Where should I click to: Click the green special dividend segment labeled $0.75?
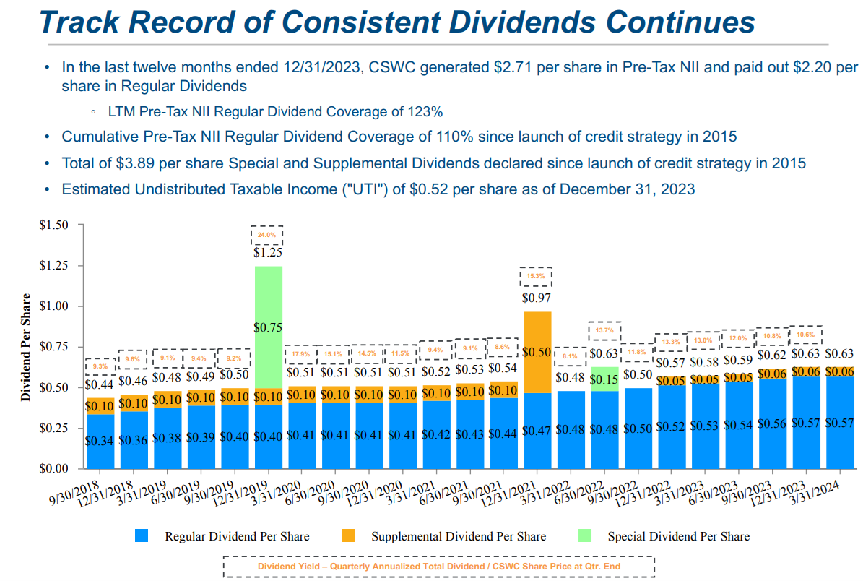(x=267, y=327)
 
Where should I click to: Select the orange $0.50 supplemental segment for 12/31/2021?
(x=536, y=352)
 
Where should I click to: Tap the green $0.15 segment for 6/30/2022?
(x=604, y=379)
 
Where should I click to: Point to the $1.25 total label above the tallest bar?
(x=267, y=253)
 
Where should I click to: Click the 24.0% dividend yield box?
(x=267, y=235)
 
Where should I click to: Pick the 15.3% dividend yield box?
(x=536, y=276)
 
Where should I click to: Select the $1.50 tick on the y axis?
(x=55, y=225)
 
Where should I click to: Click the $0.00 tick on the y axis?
(x=55, y=468)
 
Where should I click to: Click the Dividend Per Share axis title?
(x=26, y=347)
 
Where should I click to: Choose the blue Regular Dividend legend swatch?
(x=142, y=536)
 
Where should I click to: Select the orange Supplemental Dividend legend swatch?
(x=349, y=536)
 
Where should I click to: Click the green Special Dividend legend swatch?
(x=585, y=536)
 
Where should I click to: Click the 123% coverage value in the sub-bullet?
(x=426, y=112)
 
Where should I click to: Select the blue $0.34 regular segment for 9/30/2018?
(x=100, y=440)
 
